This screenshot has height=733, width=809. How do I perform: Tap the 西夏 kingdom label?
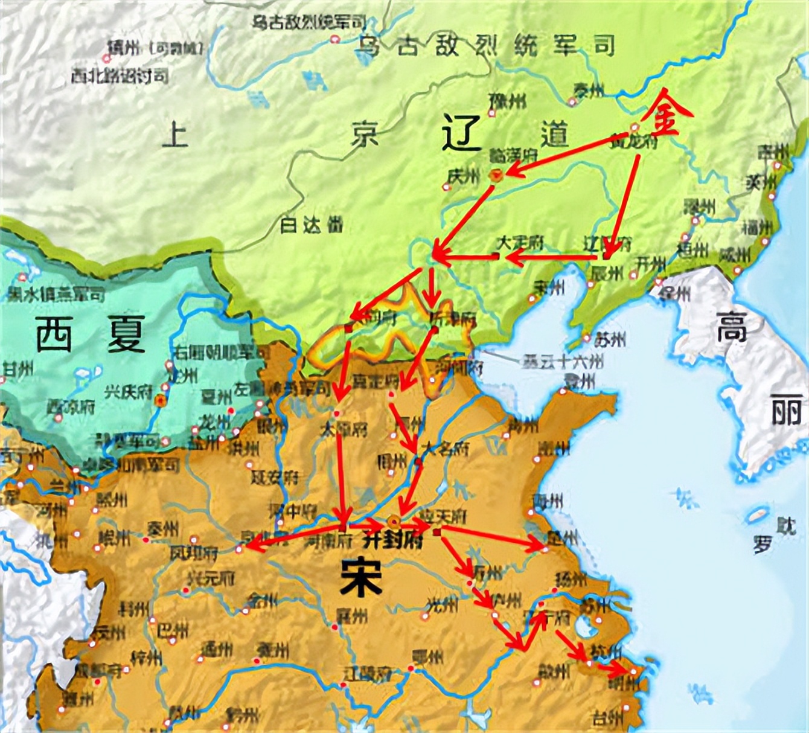click(x=91, y=334)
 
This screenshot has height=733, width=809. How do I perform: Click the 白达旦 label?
click(x=312, y=225)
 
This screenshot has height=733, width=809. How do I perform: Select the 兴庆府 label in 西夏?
click(x=129, y=391)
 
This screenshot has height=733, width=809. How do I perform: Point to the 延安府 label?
click(x=275, y=478)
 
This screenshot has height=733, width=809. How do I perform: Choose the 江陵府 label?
click(x=367, y=671)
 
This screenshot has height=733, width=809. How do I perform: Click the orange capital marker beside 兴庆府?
click(x=160, y=400)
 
